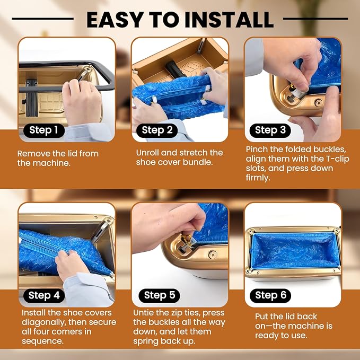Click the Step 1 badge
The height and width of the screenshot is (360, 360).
44,130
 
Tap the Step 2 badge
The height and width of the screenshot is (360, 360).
157,130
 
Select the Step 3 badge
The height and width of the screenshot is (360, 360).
270,130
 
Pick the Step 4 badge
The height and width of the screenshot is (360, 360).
44,295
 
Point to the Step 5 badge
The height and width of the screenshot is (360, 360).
160,295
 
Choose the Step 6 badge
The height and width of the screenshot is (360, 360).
270,295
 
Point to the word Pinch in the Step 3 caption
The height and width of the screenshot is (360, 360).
257,149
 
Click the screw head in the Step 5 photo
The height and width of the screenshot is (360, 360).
213,254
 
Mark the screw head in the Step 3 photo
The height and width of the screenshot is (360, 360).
319,103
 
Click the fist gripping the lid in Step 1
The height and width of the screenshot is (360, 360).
82,101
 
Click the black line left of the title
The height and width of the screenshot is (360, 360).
43,19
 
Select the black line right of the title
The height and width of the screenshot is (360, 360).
315,19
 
